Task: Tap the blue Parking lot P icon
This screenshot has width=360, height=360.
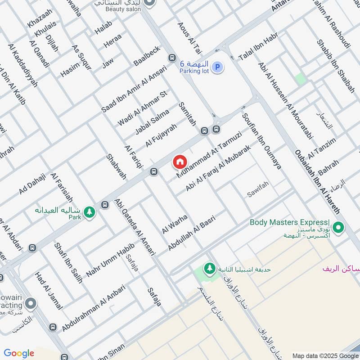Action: pos(218,68)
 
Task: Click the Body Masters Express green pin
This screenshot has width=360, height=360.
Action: pos(338,227)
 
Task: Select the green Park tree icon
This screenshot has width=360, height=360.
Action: pos(90,211)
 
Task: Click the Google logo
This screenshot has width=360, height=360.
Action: pos(19,353)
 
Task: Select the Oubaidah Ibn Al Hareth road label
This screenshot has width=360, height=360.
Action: pos(317,181)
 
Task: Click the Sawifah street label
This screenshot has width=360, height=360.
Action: pos(258,194)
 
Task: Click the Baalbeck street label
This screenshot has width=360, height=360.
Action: pos(147,56)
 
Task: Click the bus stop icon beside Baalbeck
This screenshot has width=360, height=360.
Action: pos(171,58)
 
